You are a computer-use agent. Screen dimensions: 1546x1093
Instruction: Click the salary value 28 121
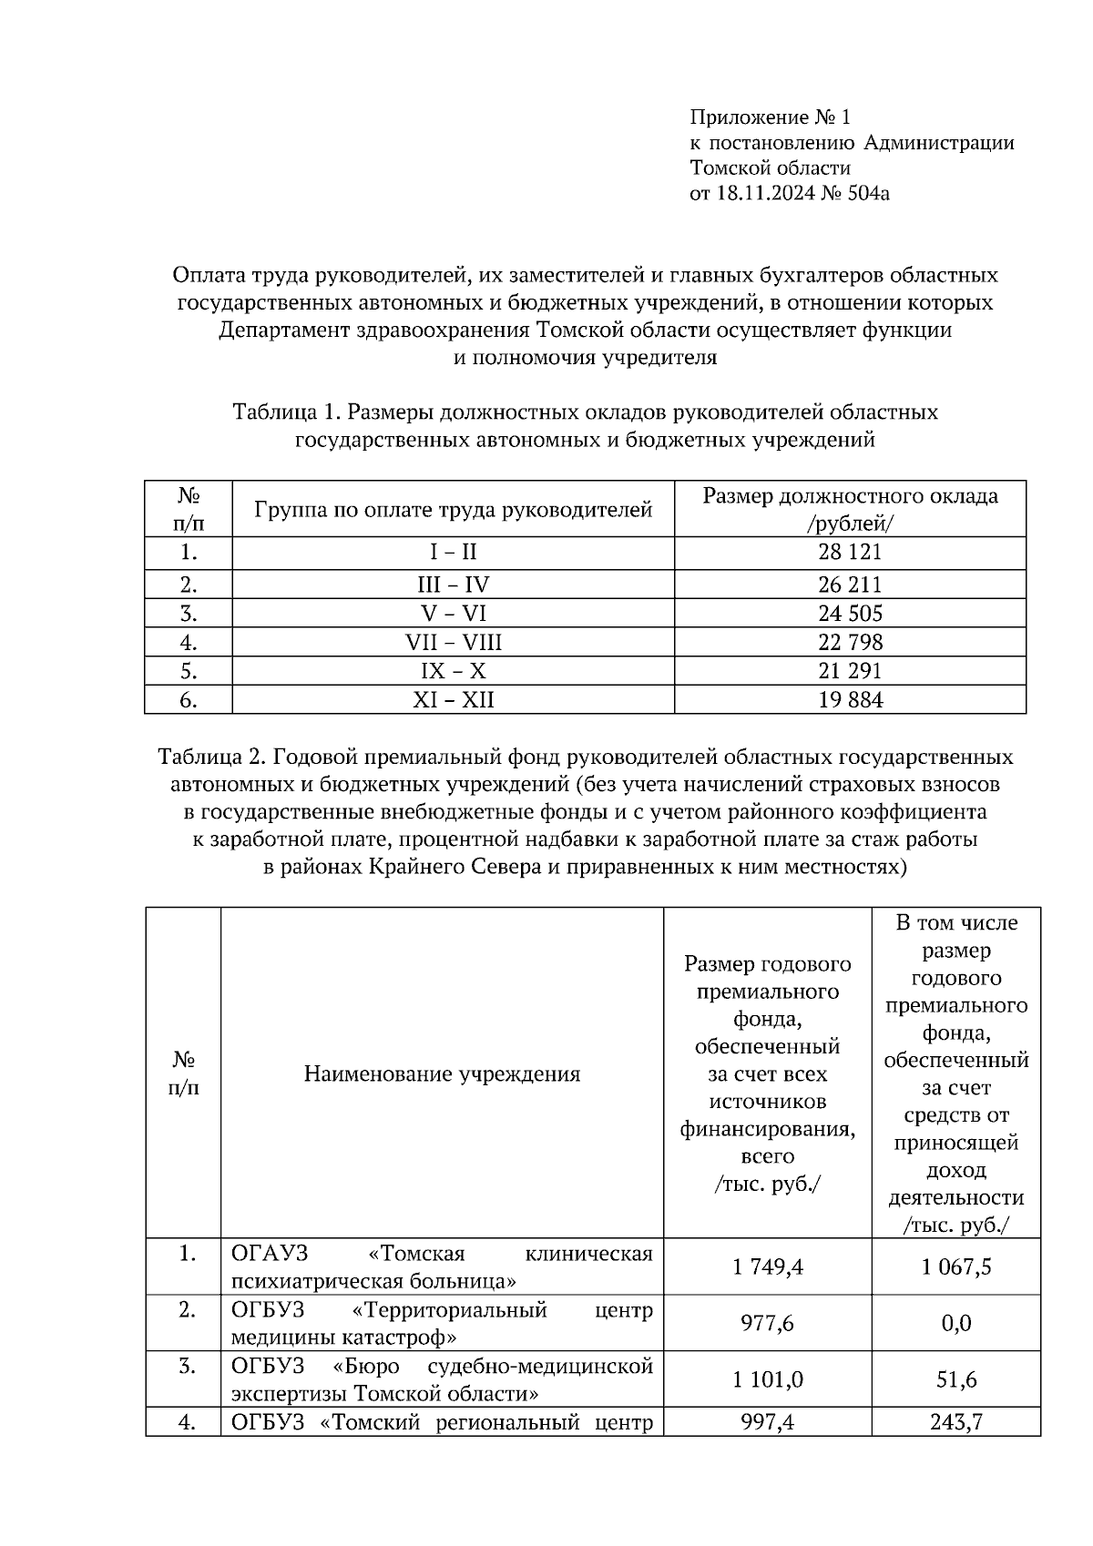[850, 552]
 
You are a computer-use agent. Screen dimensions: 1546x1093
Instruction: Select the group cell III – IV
[453, 585]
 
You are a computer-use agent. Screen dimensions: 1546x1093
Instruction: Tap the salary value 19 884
[850, 700]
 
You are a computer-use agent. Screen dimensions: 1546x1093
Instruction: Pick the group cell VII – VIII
[453, 643]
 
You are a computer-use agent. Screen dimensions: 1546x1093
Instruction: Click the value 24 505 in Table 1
[850, 614]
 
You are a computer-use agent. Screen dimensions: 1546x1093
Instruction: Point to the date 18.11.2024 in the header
[761, 193]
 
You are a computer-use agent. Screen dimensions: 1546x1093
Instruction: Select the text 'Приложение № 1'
[770, 117]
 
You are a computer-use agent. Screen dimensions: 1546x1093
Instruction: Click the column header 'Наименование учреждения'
[442, 1074]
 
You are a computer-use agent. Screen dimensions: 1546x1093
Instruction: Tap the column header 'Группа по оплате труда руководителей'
[453, 510]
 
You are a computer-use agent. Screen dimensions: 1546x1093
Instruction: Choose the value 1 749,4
[767, 1266]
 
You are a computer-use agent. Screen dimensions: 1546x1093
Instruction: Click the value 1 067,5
[955, 1266]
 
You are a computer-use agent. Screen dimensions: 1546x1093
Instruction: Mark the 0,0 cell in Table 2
[955, 1323]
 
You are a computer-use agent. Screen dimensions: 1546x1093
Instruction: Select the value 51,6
[955, 1379]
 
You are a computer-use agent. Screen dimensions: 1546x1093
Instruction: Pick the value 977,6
[767, 1323]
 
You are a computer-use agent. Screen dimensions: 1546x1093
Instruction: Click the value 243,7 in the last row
[955, 1421]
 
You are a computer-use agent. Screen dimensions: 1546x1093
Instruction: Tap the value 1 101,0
[767, 1379]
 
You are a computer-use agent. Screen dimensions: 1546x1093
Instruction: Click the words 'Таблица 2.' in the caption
[211, 758]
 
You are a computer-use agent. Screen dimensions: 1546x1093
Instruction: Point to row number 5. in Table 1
[189, 672]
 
